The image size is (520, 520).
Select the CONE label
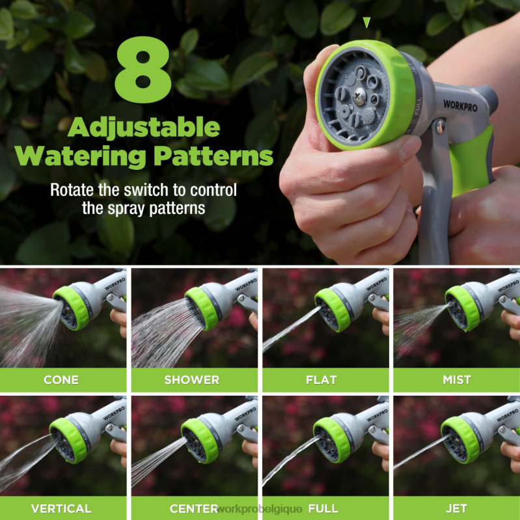click(x=61, y=380)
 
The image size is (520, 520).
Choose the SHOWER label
click(x=191, y=380)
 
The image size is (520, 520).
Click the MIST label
click(x=457, y=380)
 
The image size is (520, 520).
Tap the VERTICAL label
click(x=61, y=508)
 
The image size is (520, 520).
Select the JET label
click(x=457, y=508)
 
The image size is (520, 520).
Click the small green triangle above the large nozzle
click(x=366, y=22)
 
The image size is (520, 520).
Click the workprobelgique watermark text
click(x=260, y=509)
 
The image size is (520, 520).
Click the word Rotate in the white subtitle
click(x=72, y=191)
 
